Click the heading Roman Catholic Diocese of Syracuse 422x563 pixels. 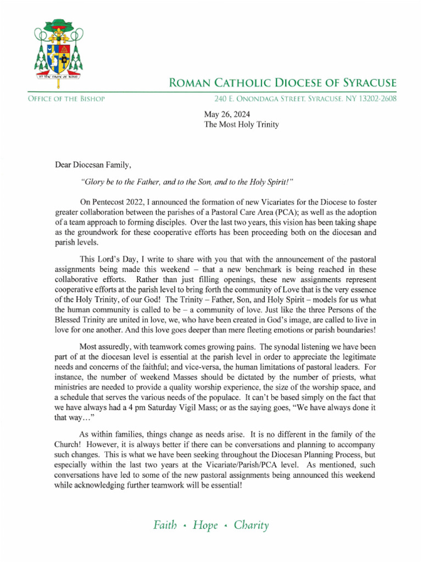click(x=282, y=84)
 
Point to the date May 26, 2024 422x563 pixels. click(x=226, y=114)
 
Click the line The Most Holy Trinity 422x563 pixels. click(x=241, y=125)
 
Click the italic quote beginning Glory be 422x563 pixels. click(x=183, y=181)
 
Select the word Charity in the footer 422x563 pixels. click(x=251, y=525)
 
